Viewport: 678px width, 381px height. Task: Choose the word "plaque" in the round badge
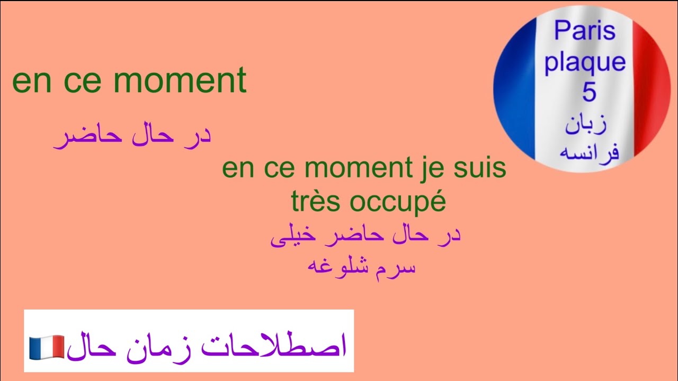(x=585, y=62)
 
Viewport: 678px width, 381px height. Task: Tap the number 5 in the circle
(x=589, y=93)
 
